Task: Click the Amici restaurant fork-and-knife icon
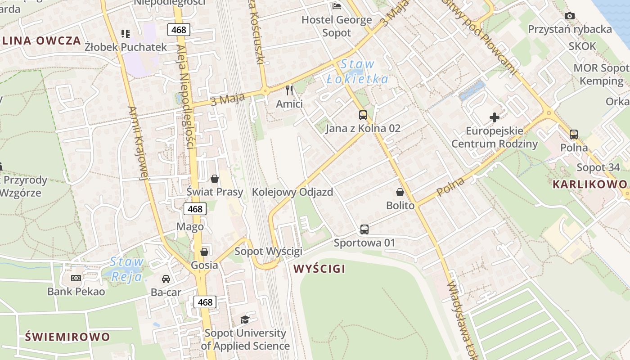coord(289,90)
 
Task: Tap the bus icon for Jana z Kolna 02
coord(363,115)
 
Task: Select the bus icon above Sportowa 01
coord(364,229)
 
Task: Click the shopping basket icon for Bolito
coord(400,193)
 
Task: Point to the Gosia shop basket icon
coord(204,252)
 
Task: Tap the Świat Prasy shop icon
coord(215,179)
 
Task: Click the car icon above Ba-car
coord(166,279)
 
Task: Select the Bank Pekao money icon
coord(76,278)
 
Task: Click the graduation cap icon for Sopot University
coord(245,319)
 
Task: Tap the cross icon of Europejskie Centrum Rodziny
coord(495,118)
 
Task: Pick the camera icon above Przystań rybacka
coord(569,16)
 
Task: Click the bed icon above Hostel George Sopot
coord(337,6)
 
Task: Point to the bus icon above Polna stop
coord(574,134)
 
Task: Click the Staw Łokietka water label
coord(357,72)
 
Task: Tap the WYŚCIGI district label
coord(319,269)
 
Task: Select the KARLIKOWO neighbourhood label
coord(589,184)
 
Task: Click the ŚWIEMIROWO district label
coord(67,337)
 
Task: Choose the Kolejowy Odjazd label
coord(292,192)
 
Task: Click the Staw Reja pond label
coord(127,269)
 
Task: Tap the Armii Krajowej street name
coord(139,143)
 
